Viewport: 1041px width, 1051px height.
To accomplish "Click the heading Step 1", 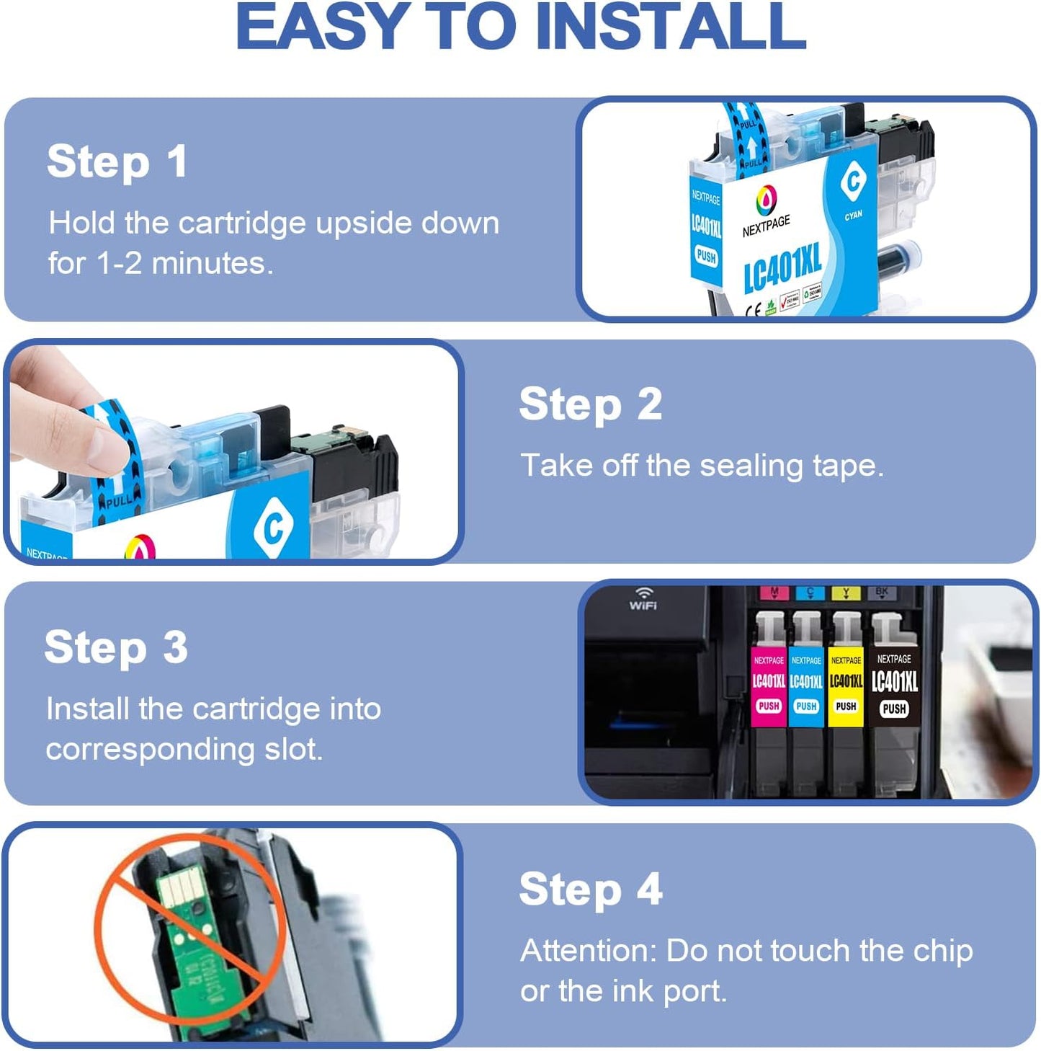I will pos(117,161).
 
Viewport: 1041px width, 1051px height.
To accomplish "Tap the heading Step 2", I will pos(590,404).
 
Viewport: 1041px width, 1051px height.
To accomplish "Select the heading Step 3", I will pos(116,647).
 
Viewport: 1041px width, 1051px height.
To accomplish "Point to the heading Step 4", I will pos(590,890).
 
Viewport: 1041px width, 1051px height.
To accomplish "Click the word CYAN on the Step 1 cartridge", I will pos(853,216).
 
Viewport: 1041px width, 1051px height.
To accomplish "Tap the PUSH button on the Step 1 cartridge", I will pos(706,256).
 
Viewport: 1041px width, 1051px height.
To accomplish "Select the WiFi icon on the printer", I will pos(643,598).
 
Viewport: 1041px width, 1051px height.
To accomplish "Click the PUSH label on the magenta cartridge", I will pos(769,706).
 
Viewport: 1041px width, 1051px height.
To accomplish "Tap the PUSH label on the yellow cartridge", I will pos(846,706).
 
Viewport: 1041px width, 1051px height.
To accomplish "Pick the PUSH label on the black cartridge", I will pos(894,709).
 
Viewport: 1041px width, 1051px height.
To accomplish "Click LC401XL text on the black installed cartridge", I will pos(894,681).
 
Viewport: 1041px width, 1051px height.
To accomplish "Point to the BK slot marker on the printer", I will pos(882,593).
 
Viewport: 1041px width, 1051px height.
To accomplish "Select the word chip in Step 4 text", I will pos(943,952).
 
